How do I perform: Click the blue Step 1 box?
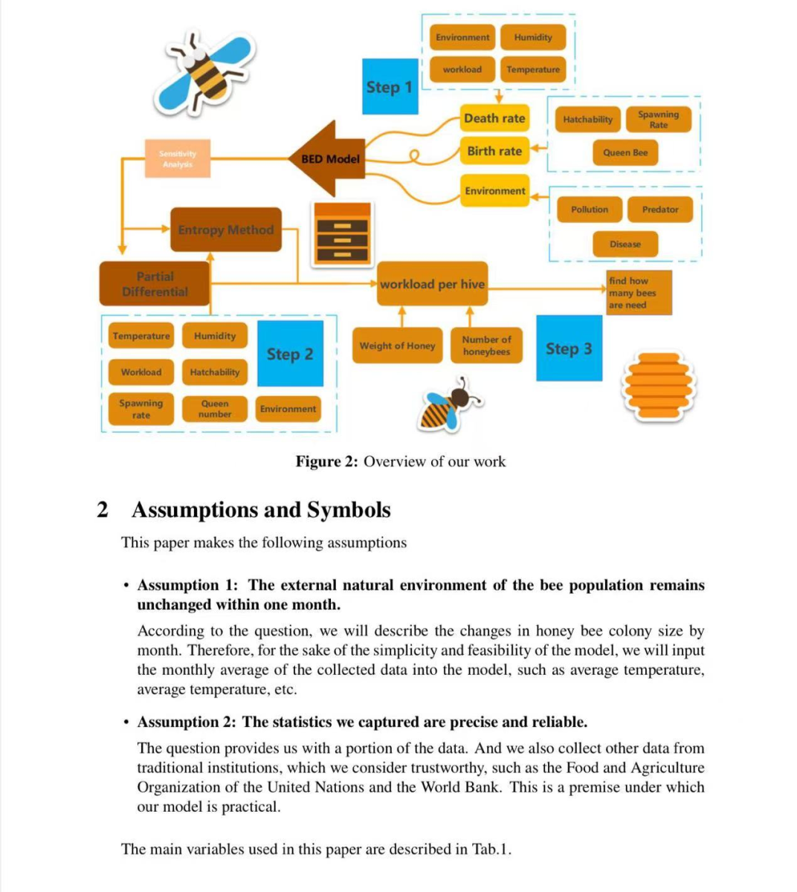(390, 86)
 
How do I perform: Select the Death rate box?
(494, 118)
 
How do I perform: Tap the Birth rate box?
(494, 151)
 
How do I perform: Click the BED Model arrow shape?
(329, 158)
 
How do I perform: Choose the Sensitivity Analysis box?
(177, 158)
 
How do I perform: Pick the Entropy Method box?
(226, 230)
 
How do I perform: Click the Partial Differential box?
(155, 284)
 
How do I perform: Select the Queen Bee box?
(625, 152)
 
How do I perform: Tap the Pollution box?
(590, 210)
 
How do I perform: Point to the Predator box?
(660, 210)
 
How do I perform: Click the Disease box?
(625, 244)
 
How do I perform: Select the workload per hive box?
(432, 284)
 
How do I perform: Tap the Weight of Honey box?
(397, 346)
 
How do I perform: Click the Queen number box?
(215, 409)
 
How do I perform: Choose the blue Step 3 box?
(569, 349)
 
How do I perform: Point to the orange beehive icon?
(658, 386)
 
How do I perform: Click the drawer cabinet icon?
(342, 233)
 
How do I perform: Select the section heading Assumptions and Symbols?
(260, 510)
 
